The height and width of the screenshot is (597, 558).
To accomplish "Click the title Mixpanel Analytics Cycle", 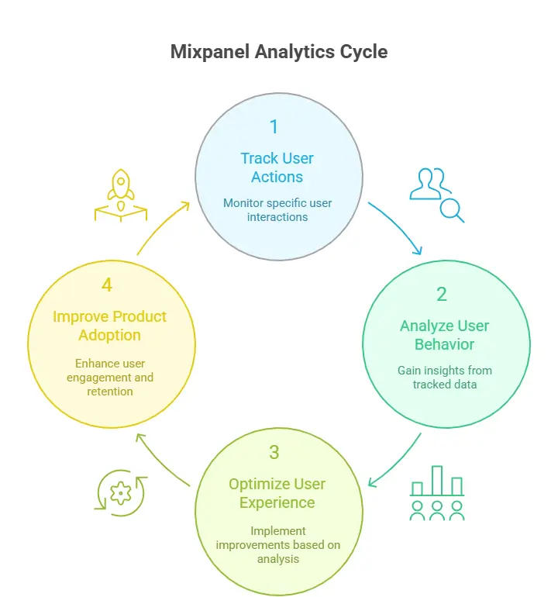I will [278, 53].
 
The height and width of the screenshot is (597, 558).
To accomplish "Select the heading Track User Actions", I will [277, 167].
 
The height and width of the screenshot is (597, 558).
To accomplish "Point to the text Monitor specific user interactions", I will [277, 210].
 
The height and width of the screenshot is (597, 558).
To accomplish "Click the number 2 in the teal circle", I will [442, 294].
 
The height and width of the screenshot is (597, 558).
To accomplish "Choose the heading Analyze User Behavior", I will [445, 335].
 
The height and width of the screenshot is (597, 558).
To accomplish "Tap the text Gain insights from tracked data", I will [445, 378].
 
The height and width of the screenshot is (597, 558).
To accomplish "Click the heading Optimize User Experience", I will [277, 493].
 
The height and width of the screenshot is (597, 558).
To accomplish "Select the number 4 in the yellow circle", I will [107, 285].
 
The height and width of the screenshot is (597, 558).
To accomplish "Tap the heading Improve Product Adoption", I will [109, 326].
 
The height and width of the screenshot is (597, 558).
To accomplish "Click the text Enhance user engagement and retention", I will [109, 377].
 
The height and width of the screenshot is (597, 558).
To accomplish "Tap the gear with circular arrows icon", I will [119, 492].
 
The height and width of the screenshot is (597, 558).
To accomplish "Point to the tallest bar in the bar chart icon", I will [437, 480].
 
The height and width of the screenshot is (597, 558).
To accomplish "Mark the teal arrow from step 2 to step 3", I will [397, 462].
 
